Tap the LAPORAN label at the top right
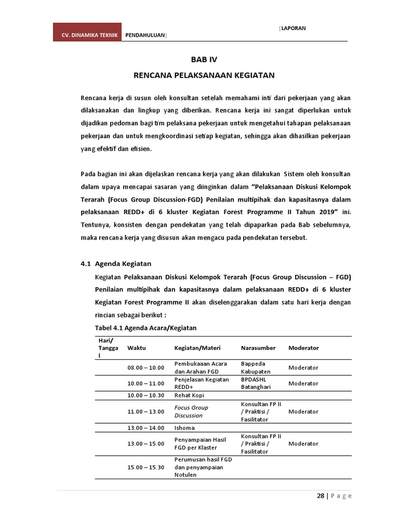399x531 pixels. point(293,28)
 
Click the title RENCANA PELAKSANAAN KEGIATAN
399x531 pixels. point(204,75)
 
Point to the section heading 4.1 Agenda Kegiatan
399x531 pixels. point(116,263)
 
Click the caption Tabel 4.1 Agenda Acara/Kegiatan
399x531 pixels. point(145,328)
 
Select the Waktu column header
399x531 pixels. point(137,348)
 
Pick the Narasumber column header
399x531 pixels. point(258,348)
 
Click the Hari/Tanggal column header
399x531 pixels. point(106,348)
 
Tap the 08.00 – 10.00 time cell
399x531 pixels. point(146,368)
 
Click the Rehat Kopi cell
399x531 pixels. point(189,396)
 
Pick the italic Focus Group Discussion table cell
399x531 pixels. point(192,411)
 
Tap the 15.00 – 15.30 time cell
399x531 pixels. point(146,467)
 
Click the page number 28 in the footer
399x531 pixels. point(321,496)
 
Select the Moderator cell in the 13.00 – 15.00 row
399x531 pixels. point(303,444)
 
